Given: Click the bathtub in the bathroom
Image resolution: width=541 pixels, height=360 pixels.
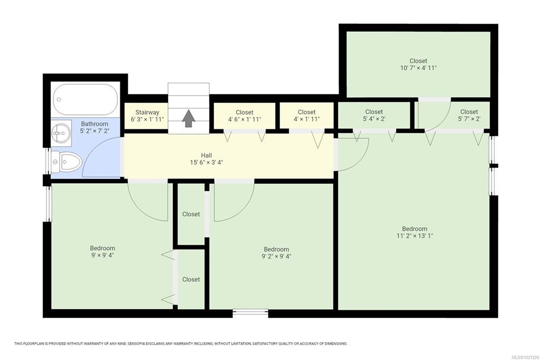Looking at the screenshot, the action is pyautogui.click(x=85, y=100).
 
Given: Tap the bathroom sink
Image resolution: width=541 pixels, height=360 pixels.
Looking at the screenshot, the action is pyautogui.click(x=61, y=133).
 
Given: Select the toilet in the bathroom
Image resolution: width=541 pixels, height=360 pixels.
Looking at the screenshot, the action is pyautogui.click(x=66, y=162).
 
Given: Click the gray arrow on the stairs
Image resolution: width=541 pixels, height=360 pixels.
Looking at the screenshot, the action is pyautogui.click(x=189, y=118).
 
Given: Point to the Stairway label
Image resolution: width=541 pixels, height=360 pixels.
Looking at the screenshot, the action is pyautogui.click(x=147, y=112).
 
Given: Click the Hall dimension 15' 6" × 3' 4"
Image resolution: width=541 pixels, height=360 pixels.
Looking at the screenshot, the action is pyautogui.click(x=207, y=163).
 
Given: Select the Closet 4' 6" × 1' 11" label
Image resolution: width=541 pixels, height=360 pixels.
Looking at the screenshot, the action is pyautogui.click(x=245, y=116).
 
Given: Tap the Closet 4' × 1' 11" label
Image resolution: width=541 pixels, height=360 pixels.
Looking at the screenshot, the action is pyautogui.click(x=307, y=116).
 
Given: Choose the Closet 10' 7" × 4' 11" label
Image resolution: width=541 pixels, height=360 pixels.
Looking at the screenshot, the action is pyautogui.click(x=418, y=64).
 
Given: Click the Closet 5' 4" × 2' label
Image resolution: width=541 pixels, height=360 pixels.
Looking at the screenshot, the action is pyautogui.click(x=374, y=115).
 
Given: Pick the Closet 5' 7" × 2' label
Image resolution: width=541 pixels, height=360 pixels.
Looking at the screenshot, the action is pyautogui.click(x=469, y=115).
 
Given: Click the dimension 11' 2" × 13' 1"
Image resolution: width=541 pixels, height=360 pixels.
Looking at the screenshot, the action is pyautogui.click(x=415, y=236).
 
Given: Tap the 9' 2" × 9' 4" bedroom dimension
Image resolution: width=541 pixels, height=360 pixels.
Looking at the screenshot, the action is pyautogui.click(x=276, y=256).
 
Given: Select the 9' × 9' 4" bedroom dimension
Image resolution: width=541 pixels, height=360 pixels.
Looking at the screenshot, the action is pyautogui.click(x=102, y=255).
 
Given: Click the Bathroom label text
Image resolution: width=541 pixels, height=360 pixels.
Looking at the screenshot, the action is pyautogui.click(x=95, y=124).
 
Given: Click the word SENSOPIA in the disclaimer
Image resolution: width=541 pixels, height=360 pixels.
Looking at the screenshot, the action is pyautogui.click(x=137, y=344).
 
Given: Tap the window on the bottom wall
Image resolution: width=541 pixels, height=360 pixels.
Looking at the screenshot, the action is pyautogui.click(x=250, y=313).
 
